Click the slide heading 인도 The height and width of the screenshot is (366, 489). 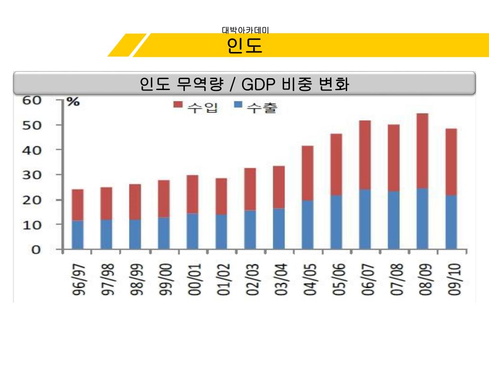[244, 46]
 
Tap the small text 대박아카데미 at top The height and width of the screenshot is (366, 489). [245, 30]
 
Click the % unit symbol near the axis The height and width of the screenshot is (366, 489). [72, 101]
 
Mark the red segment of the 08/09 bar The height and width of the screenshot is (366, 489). [423, 151]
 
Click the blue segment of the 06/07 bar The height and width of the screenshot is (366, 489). [365, 219]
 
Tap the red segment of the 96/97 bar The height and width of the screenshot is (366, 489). [78, 205]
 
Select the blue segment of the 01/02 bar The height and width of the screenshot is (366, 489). [222, 232]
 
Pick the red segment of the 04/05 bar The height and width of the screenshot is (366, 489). [308, 173]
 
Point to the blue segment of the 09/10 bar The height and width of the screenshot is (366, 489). [451, 222]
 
